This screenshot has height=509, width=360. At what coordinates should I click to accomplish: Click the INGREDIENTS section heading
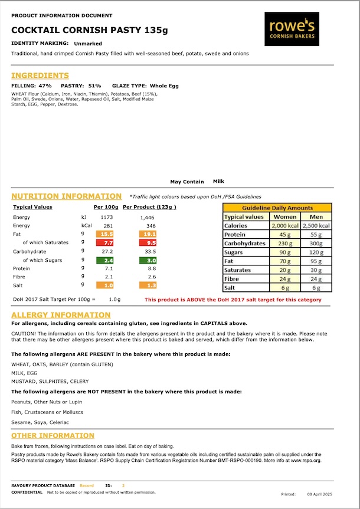click(x=40, y=75)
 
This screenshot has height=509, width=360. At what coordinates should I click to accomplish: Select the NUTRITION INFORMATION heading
click(x=66, y=196)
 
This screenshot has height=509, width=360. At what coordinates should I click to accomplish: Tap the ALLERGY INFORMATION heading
click(x=61, y=316)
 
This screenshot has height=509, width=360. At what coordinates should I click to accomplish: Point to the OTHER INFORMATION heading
click(x=53, y=436)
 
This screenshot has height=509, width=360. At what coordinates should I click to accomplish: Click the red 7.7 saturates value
click(x=108, y=242)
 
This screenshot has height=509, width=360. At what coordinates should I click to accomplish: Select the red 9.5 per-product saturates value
click(x=151, y=242)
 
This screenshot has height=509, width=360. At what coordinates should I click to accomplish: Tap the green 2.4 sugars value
click(x=108, y=260)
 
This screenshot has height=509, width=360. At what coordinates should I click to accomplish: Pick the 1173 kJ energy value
click(x=107, y=218)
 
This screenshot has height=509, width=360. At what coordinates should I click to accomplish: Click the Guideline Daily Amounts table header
click(x=277, y=208)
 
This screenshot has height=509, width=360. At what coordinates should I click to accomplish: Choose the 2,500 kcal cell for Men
click(x=316, y=225)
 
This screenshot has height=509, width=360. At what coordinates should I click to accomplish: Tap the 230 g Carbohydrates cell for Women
click(x=285, y=243)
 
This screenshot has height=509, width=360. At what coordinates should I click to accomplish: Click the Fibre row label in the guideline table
click(x=232, y=278)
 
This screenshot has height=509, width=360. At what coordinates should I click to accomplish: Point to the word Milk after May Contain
click(x=218, y=182)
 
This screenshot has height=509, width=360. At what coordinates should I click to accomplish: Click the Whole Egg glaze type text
click(x=164, y=86)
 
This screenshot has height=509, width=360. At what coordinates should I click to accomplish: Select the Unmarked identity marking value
click(x=88, y=44)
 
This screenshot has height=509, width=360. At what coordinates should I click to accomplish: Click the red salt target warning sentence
click(x=233, y=300)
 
